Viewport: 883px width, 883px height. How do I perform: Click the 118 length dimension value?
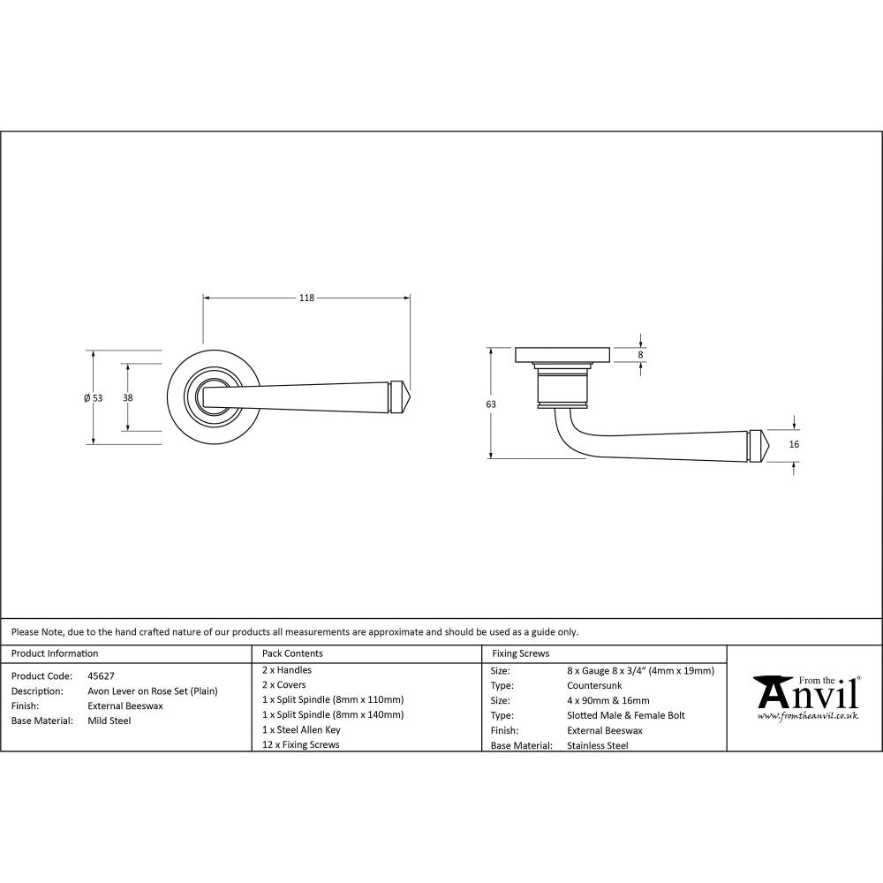(x=306, y=298)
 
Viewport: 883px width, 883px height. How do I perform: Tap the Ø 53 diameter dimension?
(x=94, y=398)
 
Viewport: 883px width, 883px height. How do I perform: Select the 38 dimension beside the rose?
(x=128, y=398)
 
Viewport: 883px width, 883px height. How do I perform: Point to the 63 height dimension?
(x=491, y=404)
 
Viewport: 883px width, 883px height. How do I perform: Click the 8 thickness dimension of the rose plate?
(x=641, y=354)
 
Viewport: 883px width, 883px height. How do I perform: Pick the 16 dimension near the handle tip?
(x=794, y=444)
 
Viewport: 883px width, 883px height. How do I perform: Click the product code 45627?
(x=101, y=675)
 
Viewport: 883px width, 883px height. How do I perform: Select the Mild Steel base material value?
(x=109, y=721)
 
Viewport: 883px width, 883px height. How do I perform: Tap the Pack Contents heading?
(x=292, y=654)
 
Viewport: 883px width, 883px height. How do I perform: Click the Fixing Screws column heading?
(x=520, y=654)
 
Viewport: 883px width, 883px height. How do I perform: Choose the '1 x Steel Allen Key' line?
(x=301, y=730)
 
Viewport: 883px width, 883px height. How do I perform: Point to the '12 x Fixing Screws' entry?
(x=301, y=745)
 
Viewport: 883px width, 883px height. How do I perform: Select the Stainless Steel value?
(x=598, y=746)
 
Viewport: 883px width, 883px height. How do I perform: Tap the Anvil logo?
(x=805, y=694)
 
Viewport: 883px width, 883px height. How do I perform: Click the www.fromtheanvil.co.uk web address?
(x=807, y=716)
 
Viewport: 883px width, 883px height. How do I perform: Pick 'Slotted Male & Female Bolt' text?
(x=626, y=716)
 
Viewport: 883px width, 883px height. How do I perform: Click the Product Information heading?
(x=55, y=654)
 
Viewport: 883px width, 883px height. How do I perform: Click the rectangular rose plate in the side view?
(x=561, y=355)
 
